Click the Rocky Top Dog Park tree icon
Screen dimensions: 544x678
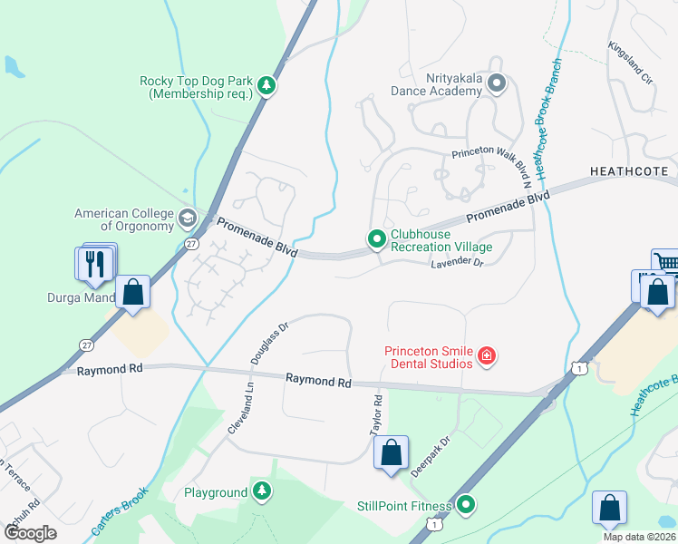(x=266, y=86)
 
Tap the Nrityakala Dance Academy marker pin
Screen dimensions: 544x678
(x=496, y=84)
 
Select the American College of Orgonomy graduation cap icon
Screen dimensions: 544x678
(x=187, y=218)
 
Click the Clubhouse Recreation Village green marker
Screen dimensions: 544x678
(x=377, y=239)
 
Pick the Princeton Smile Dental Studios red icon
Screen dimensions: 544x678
(x=487, y=356)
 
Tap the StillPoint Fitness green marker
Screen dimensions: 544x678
(x=466, y=504)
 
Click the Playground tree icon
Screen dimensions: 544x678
(x=262, y=491)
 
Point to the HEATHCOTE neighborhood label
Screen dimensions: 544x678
(x=628, y=170)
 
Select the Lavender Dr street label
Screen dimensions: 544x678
(x=457, y=262)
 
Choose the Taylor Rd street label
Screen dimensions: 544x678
(x=377, y=416)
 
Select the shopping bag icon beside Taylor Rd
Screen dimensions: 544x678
(x=391, y=452)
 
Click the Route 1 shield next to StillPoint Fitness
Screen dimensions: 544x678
(x=438, y=525)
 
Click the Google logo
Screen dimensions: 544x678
(x=31, y=532)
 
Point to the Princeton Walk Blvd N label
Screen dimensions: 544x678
(x=489, y=156)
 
